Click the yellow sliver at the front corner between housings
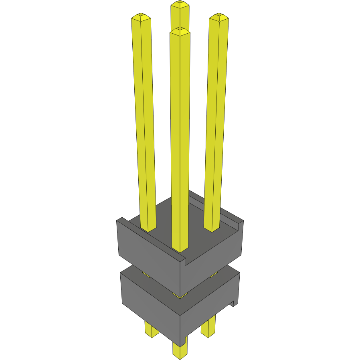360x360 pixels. point(180,295)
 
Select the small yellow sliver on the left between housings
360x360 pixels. point(146,275)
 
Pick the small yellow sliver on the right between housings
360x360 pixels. point(213,275)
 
